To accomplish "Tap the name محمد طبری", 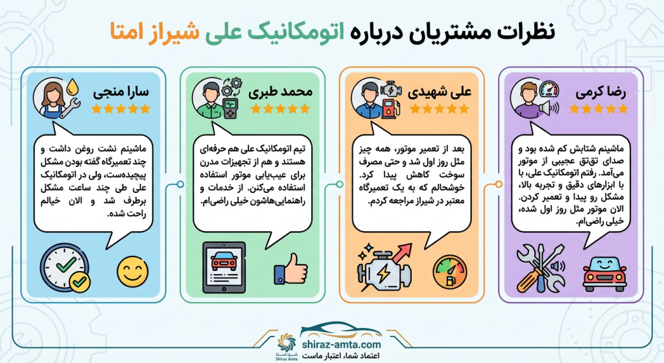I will tap(281, 91).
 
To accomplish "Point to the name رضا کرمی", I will tap(600, 91).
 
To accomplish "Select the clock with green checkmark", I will tap(65, 268).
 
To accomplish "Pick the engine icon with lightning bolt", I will tap(383, 268).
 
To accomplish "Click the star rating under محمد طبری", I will tap(281, 109).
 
